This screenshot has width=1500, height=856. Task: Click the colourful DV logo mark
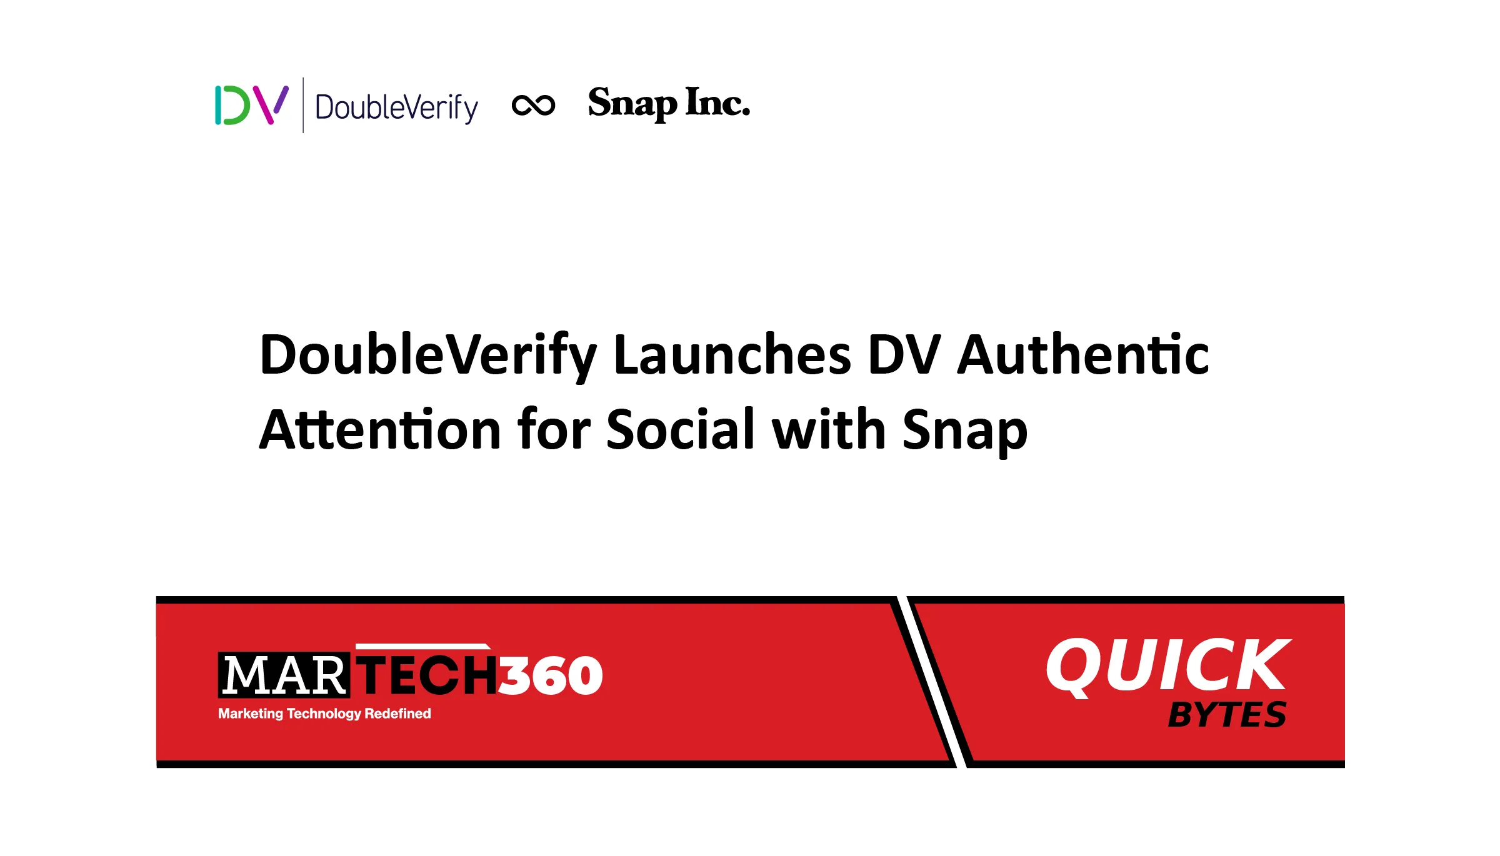pyautogui.click(x=252, y=105)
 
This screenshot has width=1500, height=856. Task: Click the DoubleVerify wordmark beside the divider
pyautogui.click(x=397, y=107)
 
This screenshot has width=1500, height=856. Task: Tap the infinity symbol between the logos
pyautogui.click(x=533, y=105)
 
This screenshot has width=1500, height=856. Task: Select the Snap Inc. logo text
pyautogui.click(x=669, y=103)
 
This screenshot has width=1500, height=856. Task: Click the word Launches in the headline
pyautogui.click(x=732, y=354)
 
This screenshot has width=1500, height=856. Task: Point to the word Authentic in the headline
pyautogui.click(x=1083, y=354)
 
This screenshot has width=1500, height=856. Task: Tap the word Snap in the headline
pyautogui.click(x=965, y=432)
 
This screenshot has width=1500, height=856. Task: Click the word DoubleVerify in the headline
pyautogui.click(x=429, y=357)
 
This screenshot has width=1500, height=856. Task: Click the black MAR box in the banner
pyautogui.click(x=284, y=675)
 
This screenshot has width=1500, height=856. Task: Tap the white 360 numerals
pyautogui.click(x=551, y=675)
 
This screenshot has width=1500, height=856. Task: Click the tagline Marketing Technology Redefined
pyautogui.click(x=324, y=714)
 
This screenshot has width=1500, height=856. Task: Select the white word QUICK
pyautogui.click(x=1168, y=666)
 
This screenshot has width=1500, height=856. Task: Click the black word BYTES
pyautogui.click(x=1227, y=715)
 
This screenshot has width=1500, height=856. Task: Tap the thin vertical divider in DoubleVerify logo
pyautogui.click(x=303, y=105)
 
